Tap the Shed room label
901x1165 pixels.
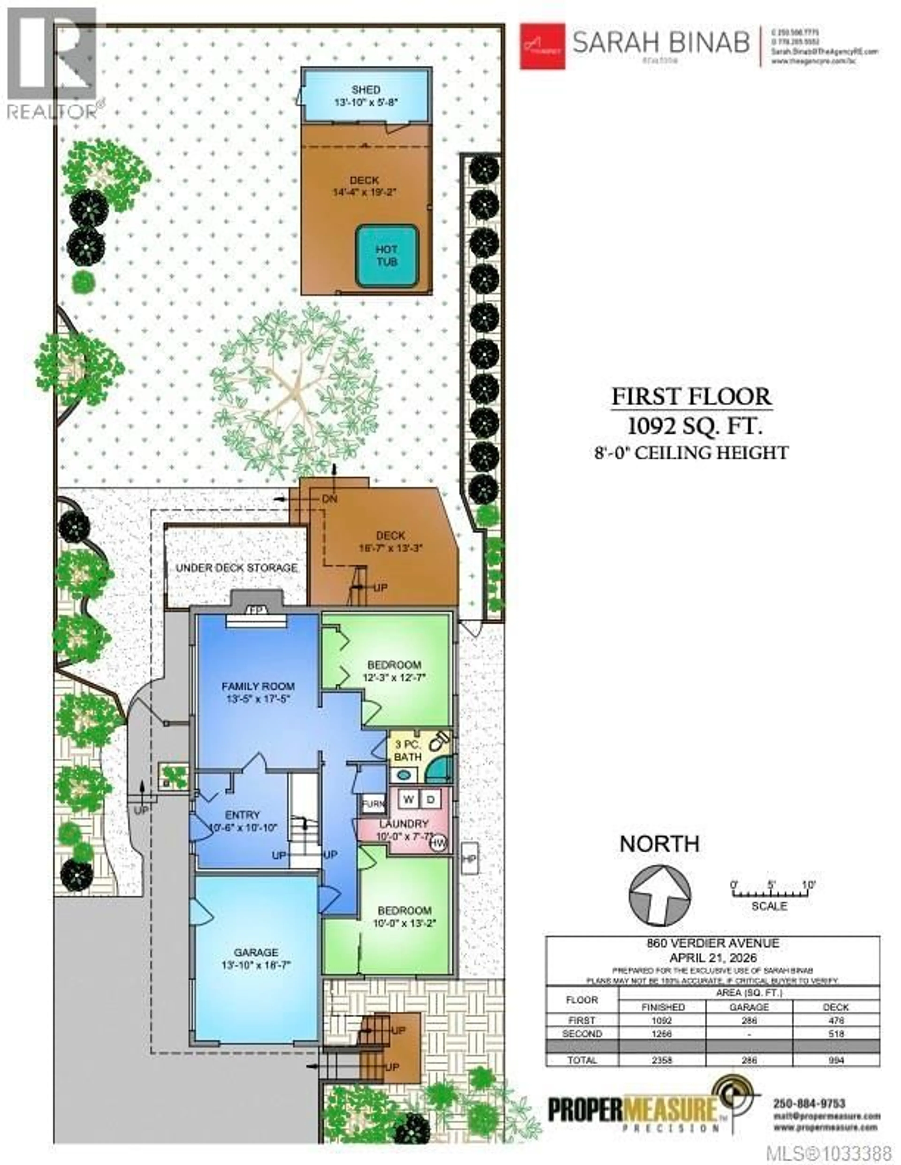[x=366, y=90]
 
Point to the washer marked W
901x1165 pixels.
[x=408, y=799]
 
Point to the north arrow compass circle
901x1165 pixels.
[x=660, y=896]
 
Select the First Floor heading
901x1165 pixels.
[x=691, y=397]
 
